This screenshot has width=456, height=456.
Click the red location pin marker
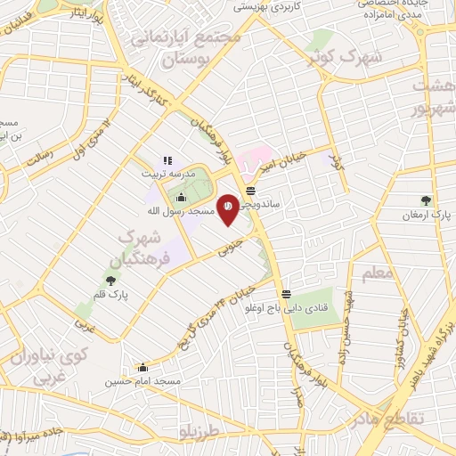point(228,207)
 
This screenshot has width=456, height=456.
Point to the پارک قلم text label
point(112,293)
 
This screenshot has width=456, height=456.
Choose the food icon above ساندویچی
point(251,191)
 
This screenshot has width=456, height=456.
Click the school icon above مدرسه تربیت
point(167,161)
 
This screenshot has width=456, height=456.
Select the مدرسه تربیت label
point(167,175)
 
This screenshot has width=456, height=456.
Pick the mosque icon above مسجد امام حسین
point(142,367)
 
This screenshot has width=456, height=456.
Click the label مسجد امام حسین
point(142,381)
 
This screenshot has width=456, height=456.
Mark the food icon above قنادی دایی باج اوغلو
point(286,294)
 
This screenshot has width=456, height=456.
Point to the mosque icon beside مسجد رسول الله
point(182,198)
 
